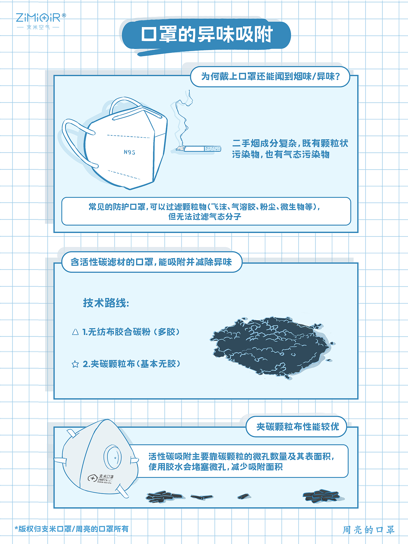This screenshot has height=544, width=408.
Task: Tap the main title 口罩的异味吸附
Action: pyautogui.click(x=207, y=34)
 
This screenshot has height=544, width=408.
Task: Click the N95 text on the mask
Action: pyautogui.click(x=129, y=152)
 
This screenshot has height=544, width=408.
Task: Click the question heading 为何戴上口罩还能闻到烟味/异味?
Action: pyautogui.click(x=270, y=76)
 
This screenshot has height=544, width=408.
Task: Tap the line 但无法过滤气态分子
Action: pyautogui.click(x=205, y=217)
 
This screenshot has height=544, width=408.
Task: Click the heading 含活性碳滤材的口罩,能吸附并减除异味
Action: pyautogui.click(x=151, y=262)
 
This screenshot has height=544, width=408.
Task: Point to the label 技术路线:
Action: pyautogui.click(x=106, y=303)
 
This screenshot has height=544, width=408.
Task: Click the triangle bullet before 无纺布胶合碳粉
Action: pyautogui.click(x=75, y=332)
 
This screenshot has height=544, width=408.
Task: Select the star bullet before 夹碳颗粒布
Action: pyautogui.click(x=75, y=364)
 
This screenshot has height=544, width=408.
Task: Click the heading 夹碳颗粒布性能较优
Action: pyautogui.click(x=297, y=426)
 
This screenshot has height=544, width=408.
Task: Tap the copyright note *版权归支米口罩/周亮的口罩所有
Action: pyautogui.click(x=72, y=529)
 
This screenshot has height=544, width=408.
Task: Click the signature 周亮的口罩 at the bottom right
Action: pyautogui.click(x=368, y=530)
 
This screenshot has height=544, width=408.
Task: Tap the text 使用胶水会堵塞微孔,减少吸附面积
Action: pyautogui.click(x=215, y=467)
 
